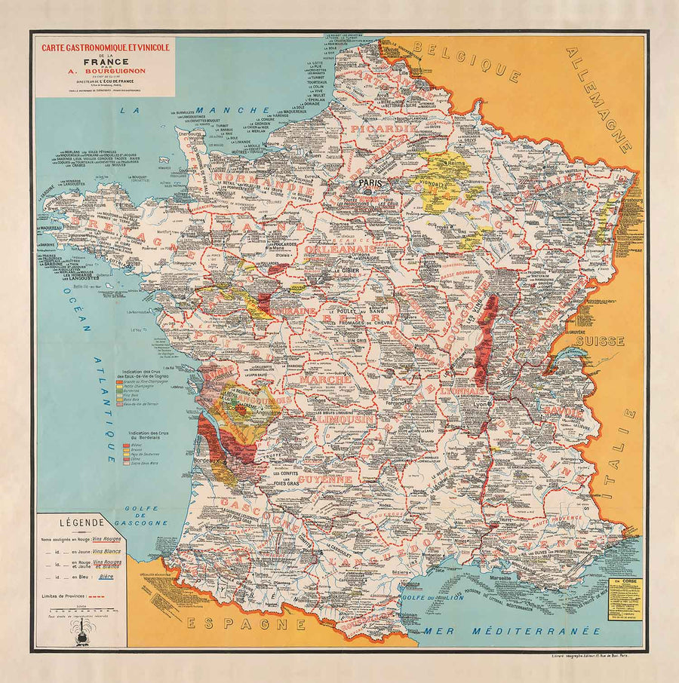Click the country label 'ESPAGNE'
(x=245, y=623)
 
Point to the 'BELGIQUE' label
(x=472, y=60)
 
